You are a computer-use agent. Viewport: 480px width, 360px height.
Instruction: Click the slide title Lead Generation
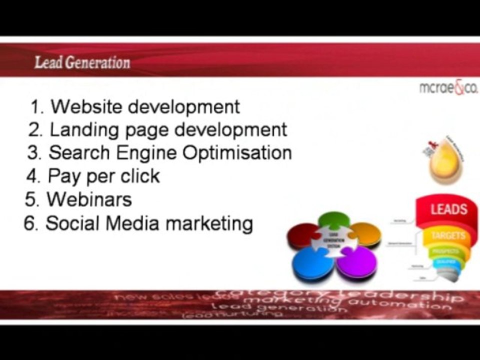tap(82, 63)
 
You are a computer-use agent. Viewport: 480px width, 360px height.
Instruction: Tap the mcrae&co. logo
tap(448, 88)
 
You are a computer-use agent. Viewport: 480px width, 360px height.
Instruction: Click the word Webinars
tap(89, 199)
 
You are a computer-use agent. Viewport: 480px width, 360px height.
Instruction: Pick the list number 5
tap(31, 199)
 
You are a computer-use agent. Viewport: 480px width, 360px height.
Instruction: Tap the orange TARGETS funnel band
tap(447, 235)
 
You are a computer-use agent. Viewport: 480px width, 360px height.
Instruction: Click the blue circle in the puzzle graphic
tap(312, 263)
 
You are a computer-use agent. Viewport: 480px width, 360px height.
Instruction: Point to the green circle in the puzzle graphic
tap(334, 220)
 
